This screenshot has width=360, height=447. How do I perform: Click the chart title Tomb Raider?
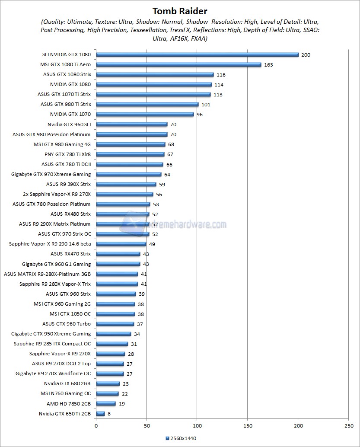point(180,11)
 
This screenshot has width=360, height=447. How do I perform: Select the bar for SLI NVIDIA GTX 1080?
point(197,54)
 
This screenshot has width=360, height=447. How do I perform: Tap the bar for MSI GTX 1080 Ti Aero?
point(178,64)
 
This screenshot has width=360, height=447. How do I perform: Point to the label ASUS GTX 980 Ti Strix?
point(66,104)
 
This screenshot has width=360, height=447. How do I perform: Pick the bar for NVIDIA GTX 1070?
point(145,114)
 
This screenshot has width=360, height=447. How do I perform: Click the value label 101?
point(206,105)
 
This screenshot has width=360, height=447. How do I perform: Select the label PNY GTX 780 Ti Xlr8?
point(67,154)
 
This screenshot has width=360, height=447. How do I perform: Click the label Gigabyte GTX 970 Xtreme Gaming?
point(51,174)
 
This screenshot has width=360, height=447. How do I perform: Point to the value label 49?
point(152,244)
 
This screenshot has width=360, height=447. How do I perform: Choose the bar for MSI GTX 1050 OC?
point(115,314)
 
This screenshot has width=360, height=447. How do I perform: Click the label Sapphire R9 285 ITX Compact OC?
point(52,344)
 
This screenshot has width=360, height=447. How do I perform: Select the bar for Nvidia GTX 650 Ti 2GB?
point(100,414)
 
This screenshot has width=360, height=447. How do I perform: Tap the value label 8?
point(109,414)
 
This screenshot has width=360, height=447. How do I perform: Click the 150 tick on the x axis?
point(247,425)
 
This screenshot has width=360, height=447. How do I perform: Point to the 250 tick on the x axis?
point(348,425)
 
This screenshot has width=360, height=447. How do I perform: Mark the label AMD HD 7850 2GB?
point(69,404)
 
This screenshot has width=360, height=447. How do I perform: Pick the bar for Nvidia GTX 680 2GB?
point(108,383)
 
